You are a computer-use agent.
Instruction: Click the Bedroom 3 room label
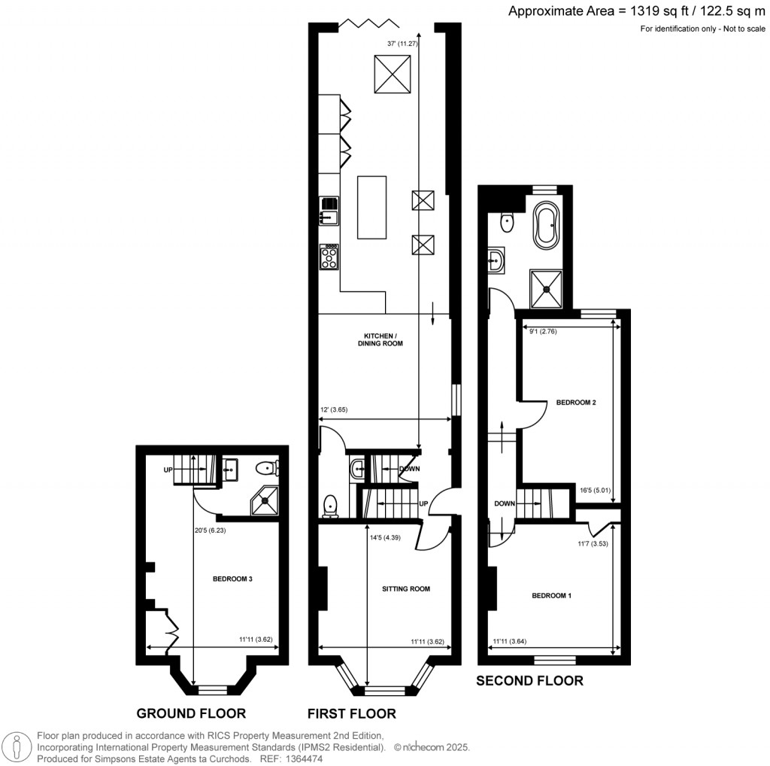coord(232,579)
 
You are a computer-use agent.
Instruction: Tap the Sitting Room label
coord(407,588)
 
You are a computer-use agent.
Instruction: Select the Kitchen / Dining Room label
coord(383,339)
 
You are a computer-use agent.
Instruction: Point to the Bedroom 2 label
coord(576,403)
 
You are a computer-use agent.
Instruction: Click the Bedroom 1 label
coord(552,596)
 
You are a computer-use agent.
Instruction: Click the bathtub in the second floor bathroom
coord(544,225)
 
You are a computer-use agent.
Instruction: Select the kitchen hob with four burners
coord(329,258)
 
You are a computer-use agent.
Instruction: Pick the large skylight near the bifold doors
coord(393,74)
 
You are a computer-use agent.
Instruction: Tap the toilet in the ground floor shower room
coord(266,469)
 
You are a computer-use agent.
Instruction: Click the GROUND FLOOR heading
coord(191,713)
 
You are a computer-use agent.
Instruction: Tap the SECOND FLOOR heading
coord(529,681)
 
